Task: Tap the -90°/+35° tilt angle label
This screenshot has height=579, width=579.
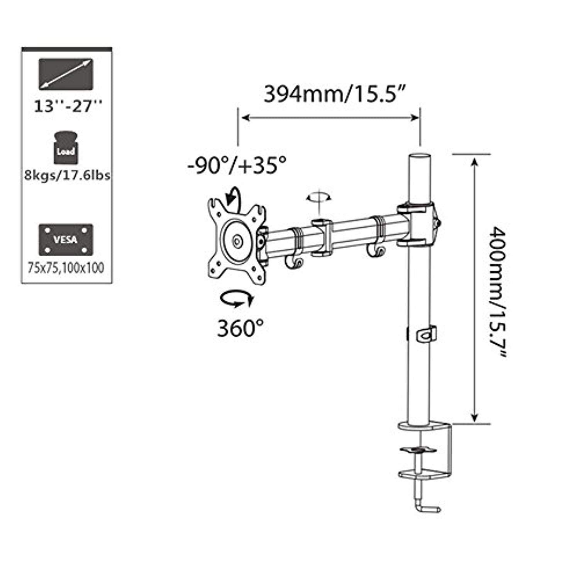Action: coord(237,166)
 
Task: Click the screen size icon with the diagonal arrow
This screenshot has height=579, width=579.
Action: coord(66,74)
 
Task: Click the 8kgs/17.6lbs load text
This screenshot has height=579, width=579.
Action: coord(67,175)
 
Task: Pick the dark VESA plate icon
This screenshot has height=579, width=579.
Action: coord(66,239)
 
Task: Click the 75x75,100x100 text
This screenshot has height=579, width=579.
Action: coord(66,268)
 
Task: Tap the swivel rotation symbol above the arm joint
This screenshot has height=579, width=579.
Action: coord(319,198)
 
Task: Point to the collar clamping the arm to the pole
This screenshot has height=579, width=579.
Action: coord(417,225)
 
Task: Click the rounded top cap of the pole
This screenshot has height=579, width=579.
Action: coord(419,159)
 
